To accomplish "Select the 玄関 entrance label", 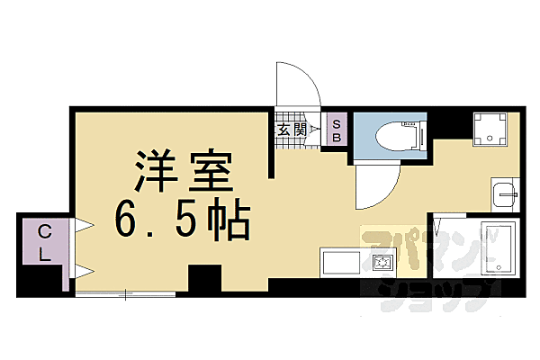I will pos(290,130).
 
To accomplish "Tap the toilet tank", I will pos(415,136).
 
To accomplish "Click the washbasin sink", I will pos(504,193).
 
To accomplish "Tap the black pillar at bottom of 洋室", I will pos(204,279).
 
